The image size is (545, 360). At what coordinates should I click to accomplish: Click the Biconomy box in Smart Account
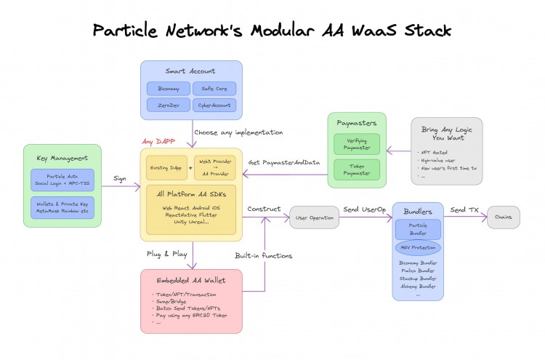[169, 89]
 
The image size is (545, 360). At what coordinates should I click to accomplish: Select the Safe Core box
[214, 89]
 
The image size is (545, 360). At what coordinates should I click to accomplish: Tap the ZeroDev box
[169, 106]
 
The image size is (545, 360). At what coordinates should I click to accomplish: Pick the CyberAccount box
[214, 106]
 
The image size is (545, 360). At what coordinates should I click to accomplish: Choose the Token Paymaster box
[357, 169]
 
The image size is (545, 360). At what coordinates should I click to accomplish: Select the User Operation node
[314, 217]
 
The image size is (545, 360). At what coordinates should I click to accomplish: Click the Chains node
[503, 217]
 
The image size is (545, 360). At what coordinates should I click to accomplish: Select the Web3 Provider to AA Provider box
[216, 167]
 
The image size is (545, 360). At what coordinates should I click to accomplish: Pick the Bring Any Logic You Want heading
[446, 134]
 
